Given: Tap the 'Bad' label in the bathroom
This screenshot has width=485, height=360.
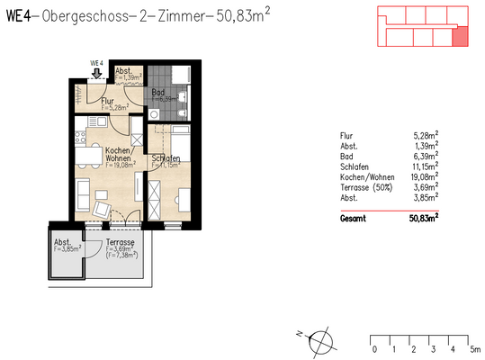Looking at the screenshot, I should click(x=157, y=91).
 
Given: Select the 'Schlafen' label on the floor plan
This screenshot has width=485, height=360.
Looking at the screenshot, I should click(x=166, y=158).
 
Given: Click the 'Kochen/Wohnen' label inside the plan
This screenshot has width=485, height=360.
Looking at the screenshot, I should click(x=120, y=154).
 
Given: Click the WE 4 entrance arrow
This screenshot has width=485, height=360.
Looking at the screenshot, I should click(x=96, y=75).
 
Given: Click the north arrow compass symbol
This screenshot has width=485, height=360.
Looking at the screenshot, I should click(x=321, y=340).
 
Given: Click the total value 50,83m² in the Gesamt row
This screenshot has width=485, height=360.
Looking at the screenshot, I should click(x=418, y=218).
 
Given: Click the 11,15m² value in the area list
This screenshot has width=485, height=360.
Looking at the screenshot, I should click(x=422, y=168).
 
